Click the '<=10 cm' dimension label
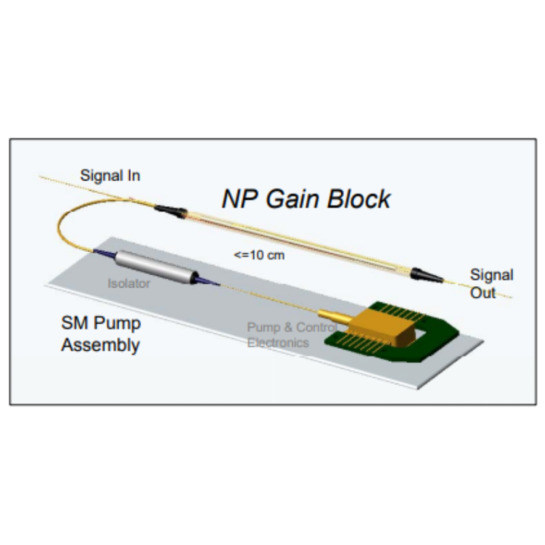pyautogui.click(x=259, y=255)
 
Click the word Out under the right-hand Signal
pyautogui.click(x=483, y=293)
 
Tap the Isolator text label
pyautogui.click(x=128, y=283)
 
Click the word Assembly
pyautogui.click(x=100, y=345)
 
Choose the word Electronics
pyautogui.click(x=277, y=343)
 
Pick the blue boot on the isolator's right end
pyautogui.click(x=204, y=279)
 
